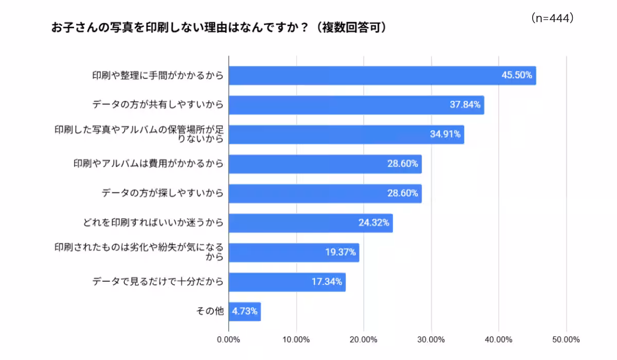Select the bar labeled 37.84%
356,105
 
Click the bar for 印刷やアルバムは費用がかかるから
325,164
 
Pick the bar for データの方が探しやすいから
325,194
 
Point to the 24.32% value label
374,223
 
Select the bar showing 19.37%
294,253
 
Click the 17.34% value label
326,282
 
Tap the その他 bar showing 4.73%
245,312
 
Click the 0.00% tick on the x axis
229,339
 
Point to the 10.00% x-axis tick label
296,339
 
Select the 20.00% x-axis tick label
364,339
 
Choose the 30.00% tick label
431,339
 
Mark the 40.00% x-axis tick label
498,339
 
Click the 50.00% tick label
566,339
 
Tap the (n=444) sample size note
552,19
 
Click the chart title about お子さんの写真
218,27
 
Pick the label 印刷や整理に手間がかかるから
158,76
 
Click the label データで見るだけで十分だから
158,282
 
